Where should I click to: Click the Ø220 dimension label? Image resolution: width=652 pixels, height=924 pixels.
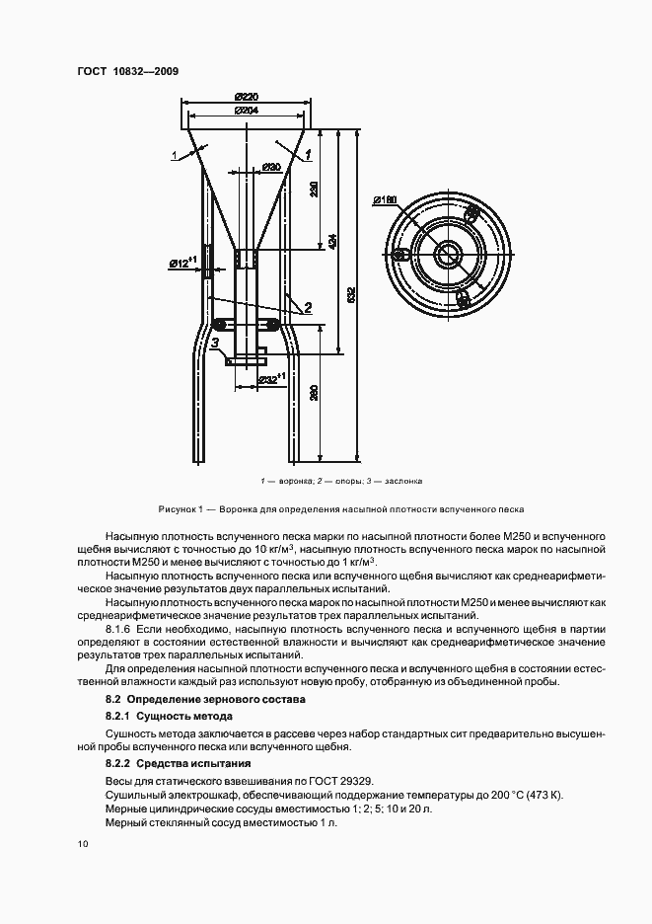[247, 96]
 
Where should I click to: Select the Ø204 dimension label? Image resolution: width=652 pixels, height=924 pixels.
[247, 111]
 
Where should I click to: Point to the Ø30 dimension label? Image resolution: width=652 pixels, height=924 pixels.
[272, 167]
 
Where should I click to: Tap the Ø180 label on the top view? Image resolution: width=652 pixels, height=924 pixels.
[386, 201]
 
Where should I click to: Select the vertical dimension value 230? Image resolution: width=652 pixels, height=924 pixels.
[314, 190]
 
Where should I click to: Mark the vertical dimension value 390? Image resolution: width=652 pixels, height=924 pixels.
[314, 393]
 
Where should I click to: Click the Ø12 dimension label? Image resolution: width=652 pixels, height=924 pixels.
[182, 263]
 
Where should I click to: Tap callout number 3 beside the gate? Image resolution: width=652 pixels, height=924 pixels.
[214, 343]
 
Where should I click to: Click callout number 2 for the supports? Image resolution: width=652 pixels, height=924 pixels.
[308, 308]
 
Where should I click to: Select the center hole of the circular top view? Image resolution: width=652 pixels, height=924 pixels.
[451, 253]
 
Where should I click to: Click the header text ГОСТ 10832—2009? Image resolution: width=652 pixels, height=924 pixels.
[126, 71]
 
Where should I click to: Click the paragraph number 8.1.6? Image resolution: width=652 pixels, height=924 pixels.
[119, 628]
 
